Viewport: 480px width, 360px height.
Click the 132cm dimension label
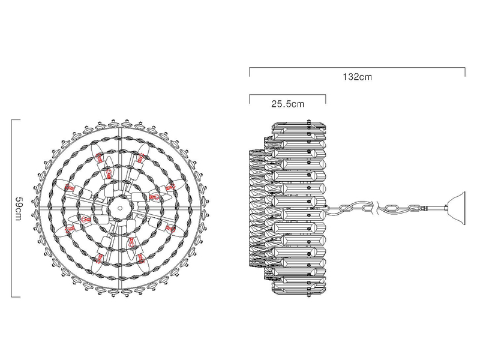tap(357, 77)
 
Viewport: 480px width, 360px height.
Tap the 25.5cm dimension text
tap(288, 104)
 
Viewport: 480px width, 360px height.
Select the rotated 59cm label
tap(19, 208)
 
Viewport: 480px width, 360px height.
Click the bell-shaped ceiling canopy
tap(457, 208)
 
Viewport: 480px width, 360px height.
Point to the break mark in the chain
tap(376, 208)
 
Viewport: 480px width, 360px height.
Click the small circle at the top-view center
tap(120, 208)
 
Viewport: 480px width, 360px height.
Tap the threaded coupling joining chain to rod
tap(424, 208)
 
